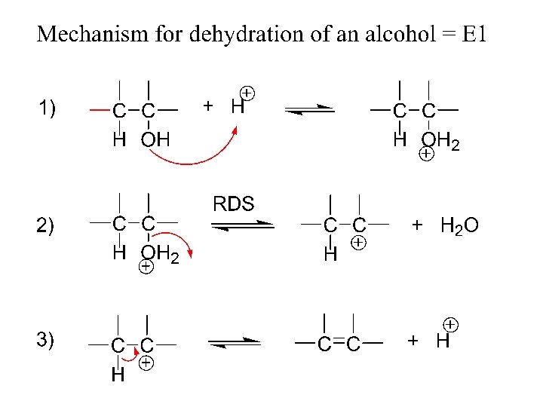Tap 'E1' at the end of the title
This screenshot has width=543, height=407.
click(x=472, y=34)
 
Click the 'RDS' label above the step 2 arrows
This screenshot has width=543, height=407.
click(x=234, y=203)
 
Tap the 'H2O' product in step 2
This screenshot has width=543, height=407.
click(x=459, y=225)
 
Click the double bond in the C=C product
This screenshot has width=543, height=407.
click(x=339, y=344)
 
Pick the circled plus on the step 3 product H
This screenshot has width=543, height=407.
click(x=449, y=324)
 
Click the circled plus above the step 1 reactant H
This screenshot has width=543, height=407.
click(x=247, y=93)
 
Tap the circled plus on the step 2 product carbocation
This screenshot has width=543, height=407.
click(x=359, y=243)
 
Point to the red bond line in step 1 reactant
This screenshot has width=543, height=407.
click(x=99, y=110)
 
